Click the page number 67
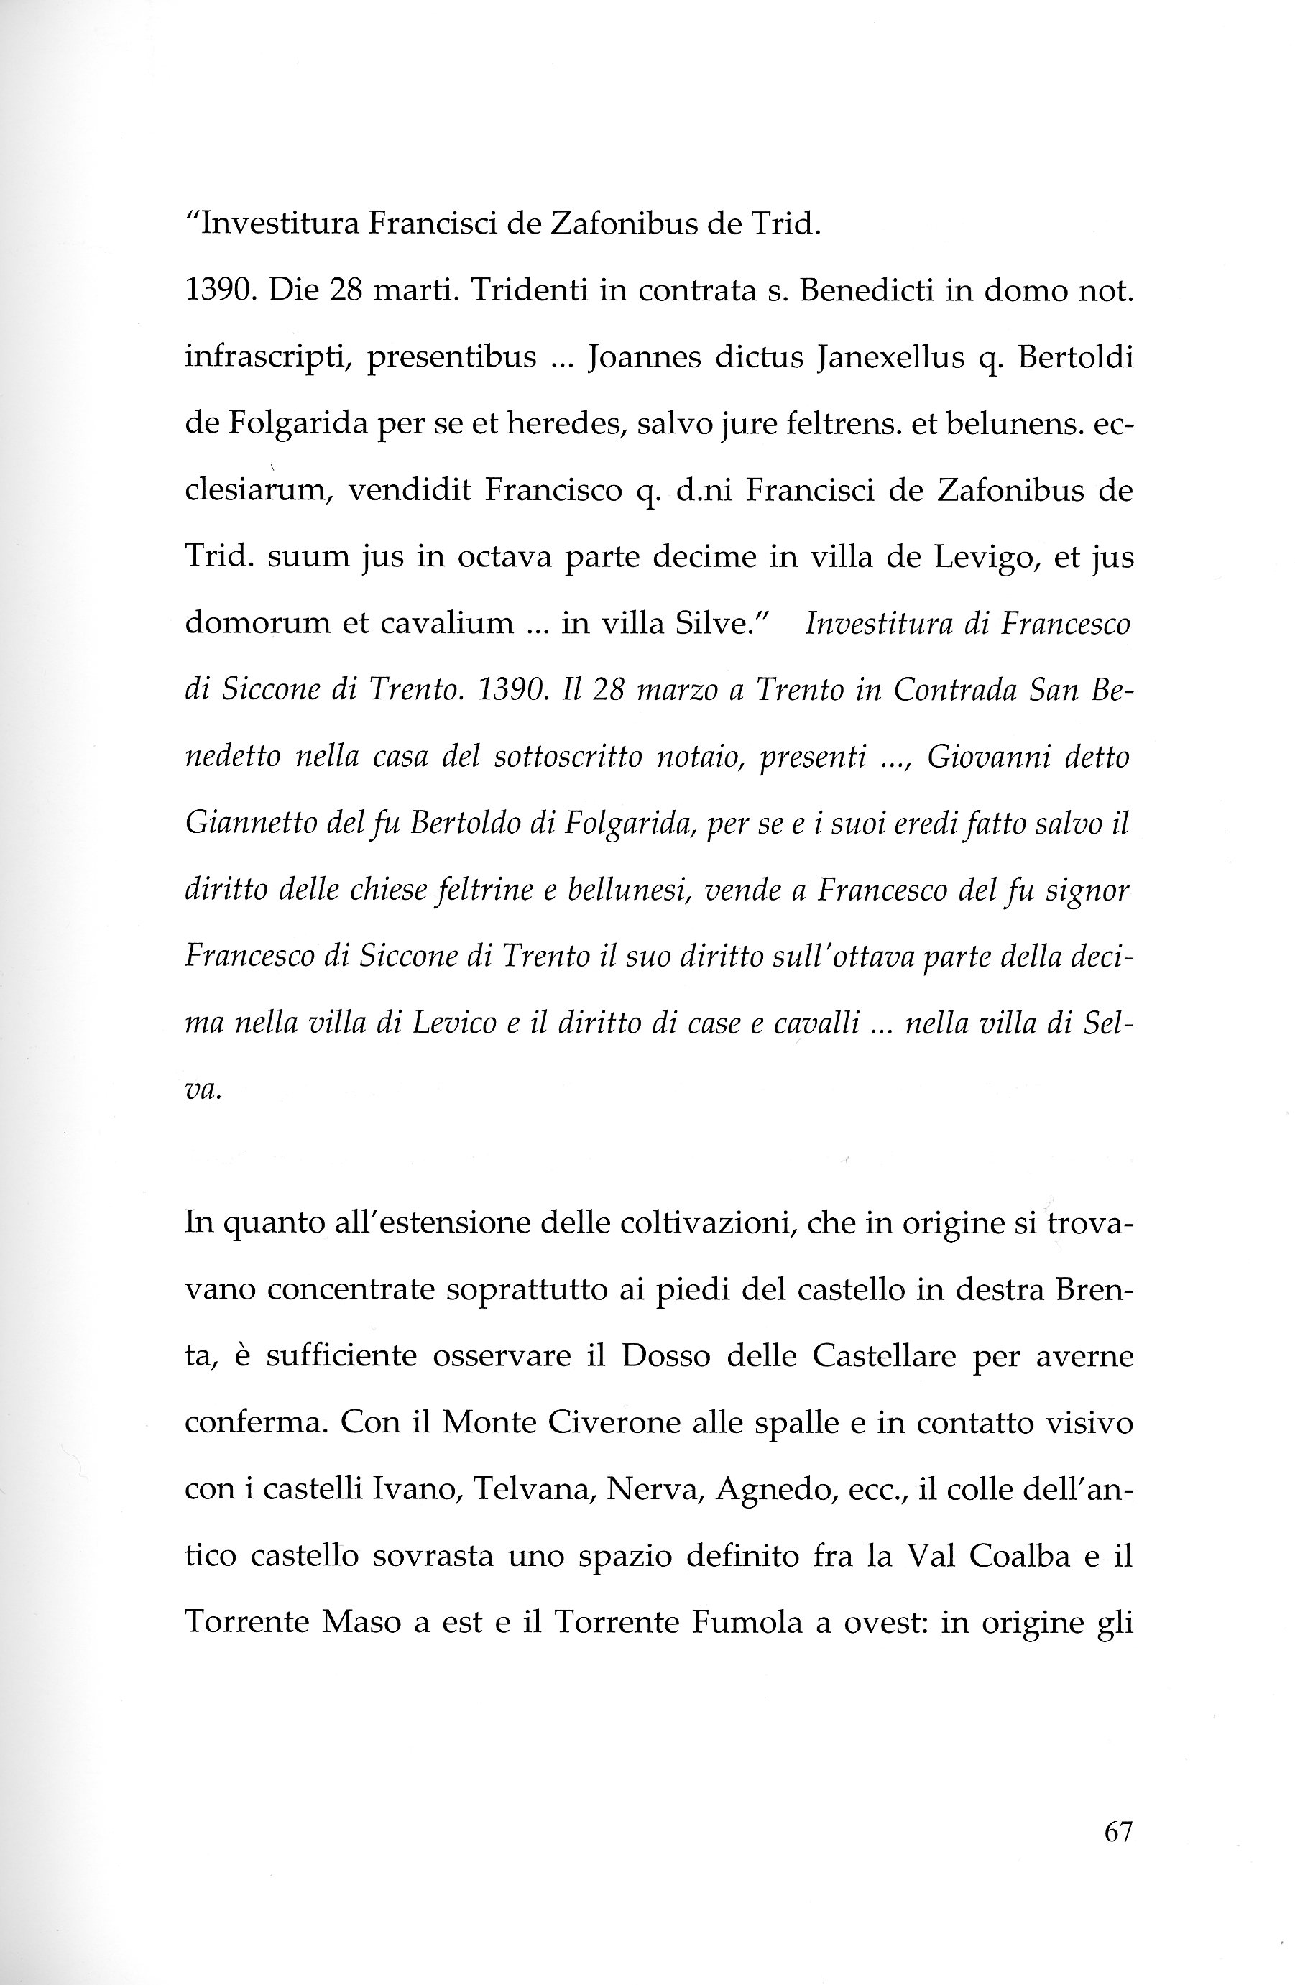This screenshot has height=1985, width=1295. (x=1117, y=1833)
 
